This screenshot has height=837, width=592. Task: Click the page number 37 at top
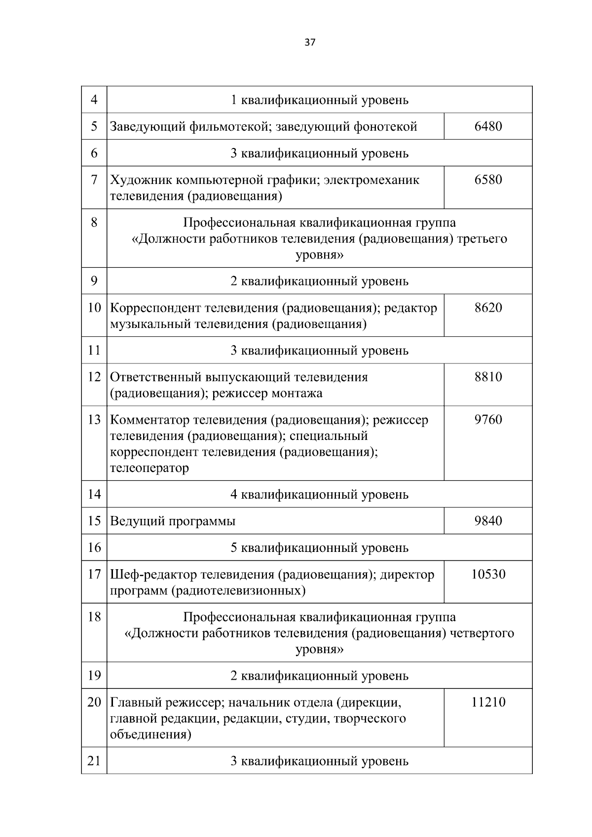[310, 42]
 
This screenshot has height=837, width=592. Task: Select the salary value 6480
[488, 126]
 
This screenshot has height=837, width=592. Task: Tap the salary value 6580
[488, 180]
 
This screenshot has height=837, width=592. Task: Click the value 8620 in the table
[488, 308]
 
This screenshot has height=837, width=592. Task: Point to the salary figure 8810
[488, 377]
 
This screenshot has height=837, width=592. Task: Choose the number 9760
[488, 420]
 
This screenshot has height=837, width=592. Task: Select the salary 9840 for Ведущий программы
[488, 521]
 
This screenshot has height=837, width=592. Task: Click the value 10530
[488, 574]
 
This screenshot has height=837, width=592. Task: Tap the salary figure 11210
[488, 702]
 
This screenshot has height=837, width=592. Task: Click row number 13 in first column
[94, 420]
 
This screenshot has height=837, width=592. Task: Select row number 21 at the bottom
[94, 761]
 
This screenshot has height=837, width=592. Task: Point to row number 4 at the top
[94, 100]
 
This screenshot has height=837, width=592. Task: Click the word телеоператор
[149, 468]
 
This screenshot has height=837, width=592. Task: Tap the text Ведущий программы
[172, 521]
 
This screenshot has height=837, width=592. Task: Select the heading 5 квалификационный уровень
[319, 547]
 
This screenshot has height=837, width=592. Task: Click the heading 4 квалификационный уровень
[319, 494]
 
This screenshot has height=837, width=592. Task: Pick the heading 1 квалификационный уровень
[319, 100]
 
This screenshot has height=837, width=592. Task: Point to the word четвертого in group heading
[482, 633]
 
